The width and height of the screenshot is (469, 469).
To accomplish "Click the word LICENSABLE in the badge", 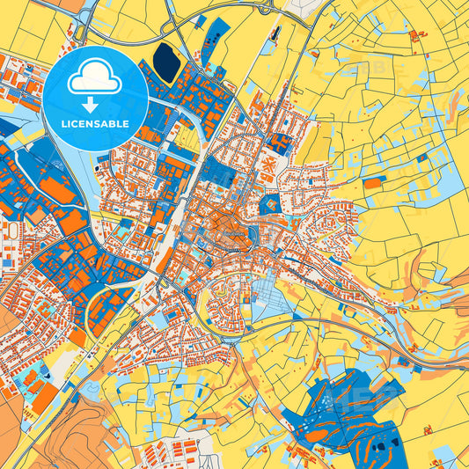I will [x=96, y=123].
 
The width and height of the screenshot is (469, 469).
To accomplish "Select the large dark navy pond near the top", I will [x=165, y=61].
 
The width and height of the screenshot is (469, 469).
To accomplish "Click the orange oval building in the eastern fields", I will [x=374, y=184].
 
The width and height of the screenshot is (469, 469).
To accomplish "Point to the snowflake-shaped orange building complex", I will [x=265, y=166].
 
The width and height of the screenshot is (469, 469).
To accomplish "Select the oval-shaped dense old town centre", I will [x=224, y=232].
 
